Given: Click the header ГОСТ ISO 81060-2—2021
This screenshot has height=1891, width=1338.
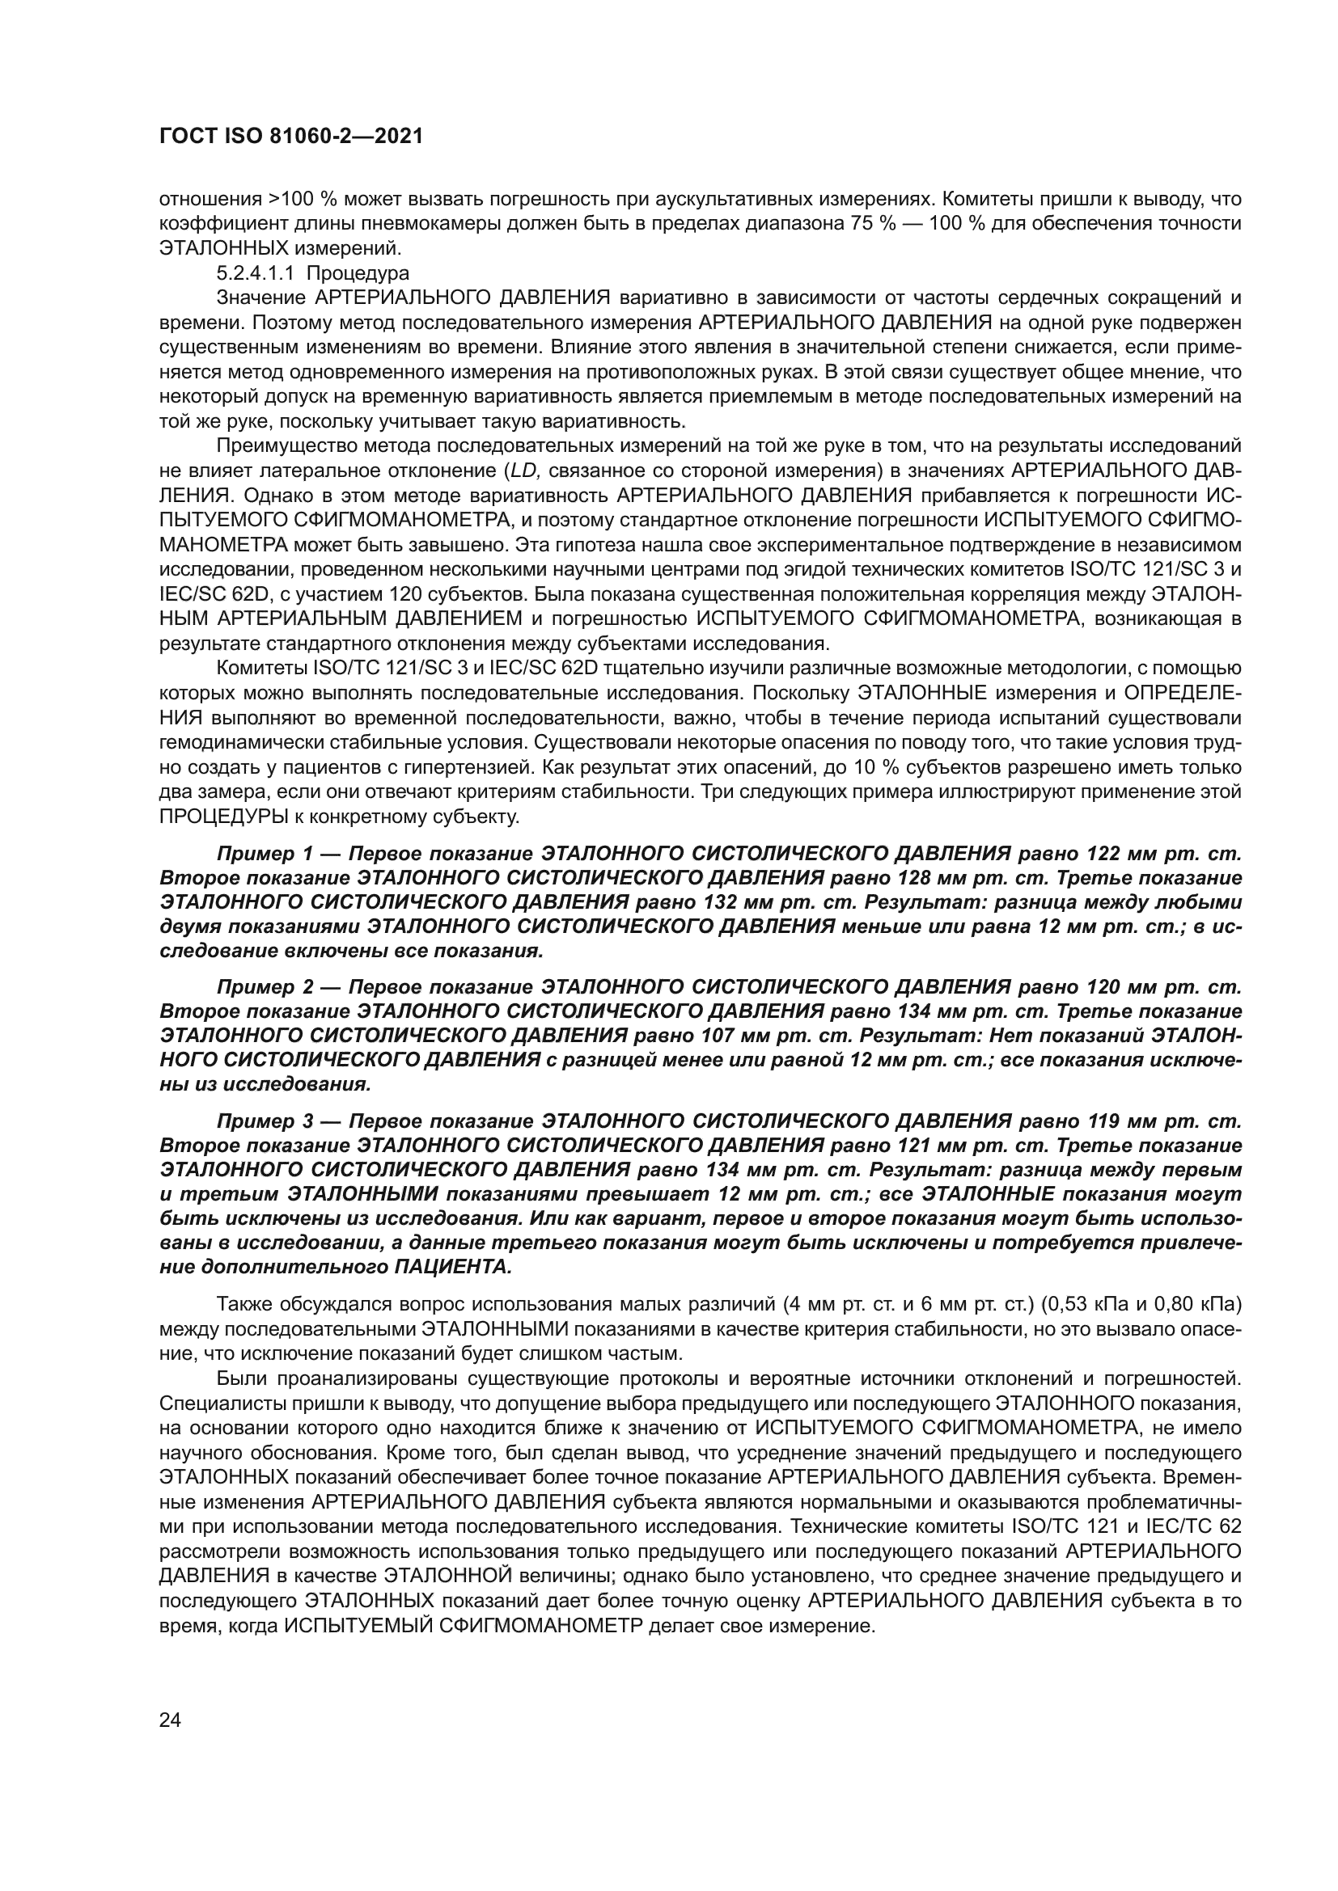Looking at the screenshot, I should pyautogui.click(x=290, y=137).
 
